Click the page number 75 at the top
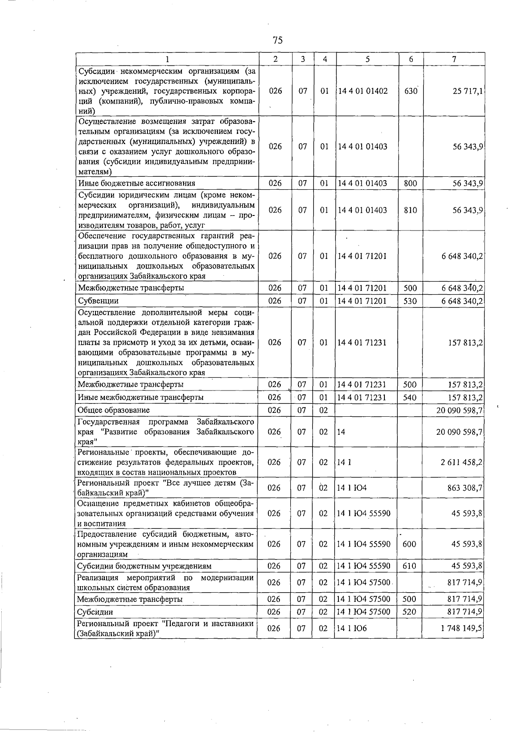(277, 40)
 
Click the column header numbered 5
(367, 59)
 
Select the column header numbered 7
(454, 59)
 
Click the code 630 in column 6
(411, 91)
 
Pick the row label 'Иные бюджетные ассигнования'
(137, 183)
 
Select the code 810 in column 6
(411, 210)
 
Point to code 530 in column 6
(410, 301)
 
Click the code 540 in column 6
(410, 397)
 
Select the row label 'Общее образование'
(114, 410)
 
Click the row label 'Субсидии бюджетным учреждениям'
(144, 566)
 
